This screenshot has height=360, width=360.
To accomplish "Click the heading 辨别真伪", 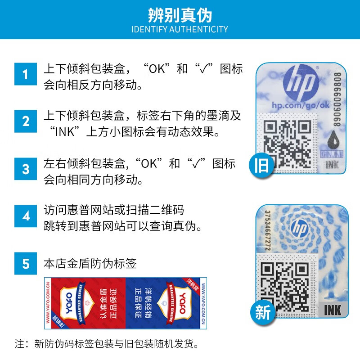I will pyautogui.click(x=180, y=15).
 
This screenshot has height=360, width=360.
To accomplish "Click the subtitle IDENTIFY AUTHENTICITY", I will pyautogui.click(x=180, y=30).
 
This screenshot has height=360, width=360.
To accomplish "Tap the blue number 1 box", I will pyautogui.click(x=26, y=74).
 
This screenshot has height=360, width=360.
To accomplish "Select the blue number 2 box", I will pyautogui.click(x=26, y=121).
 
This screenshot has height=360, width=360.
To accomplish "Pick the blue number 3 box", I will pyautogui.click(x=26, y=169).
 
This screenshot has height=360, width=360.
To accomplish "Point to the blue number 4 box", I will pyautogui.click(x=26, y=216).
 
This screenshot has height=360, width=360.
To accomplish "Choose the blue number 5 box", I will pyautogui.click(x=26, y=263).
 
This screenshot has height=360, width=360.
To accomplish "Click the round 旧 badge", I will pyautogui.click(x=261, y=165).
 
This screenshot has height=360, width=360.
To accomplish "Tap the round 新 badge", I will pyautogui.click(x=262, y=312).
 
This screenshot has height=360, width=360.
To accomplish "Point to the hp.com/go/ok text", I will pyautogui.click(x=295, y=105).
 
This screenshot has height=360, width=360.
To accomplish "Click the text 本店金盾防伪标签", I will pyautogui.click(x=90, y=263).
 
